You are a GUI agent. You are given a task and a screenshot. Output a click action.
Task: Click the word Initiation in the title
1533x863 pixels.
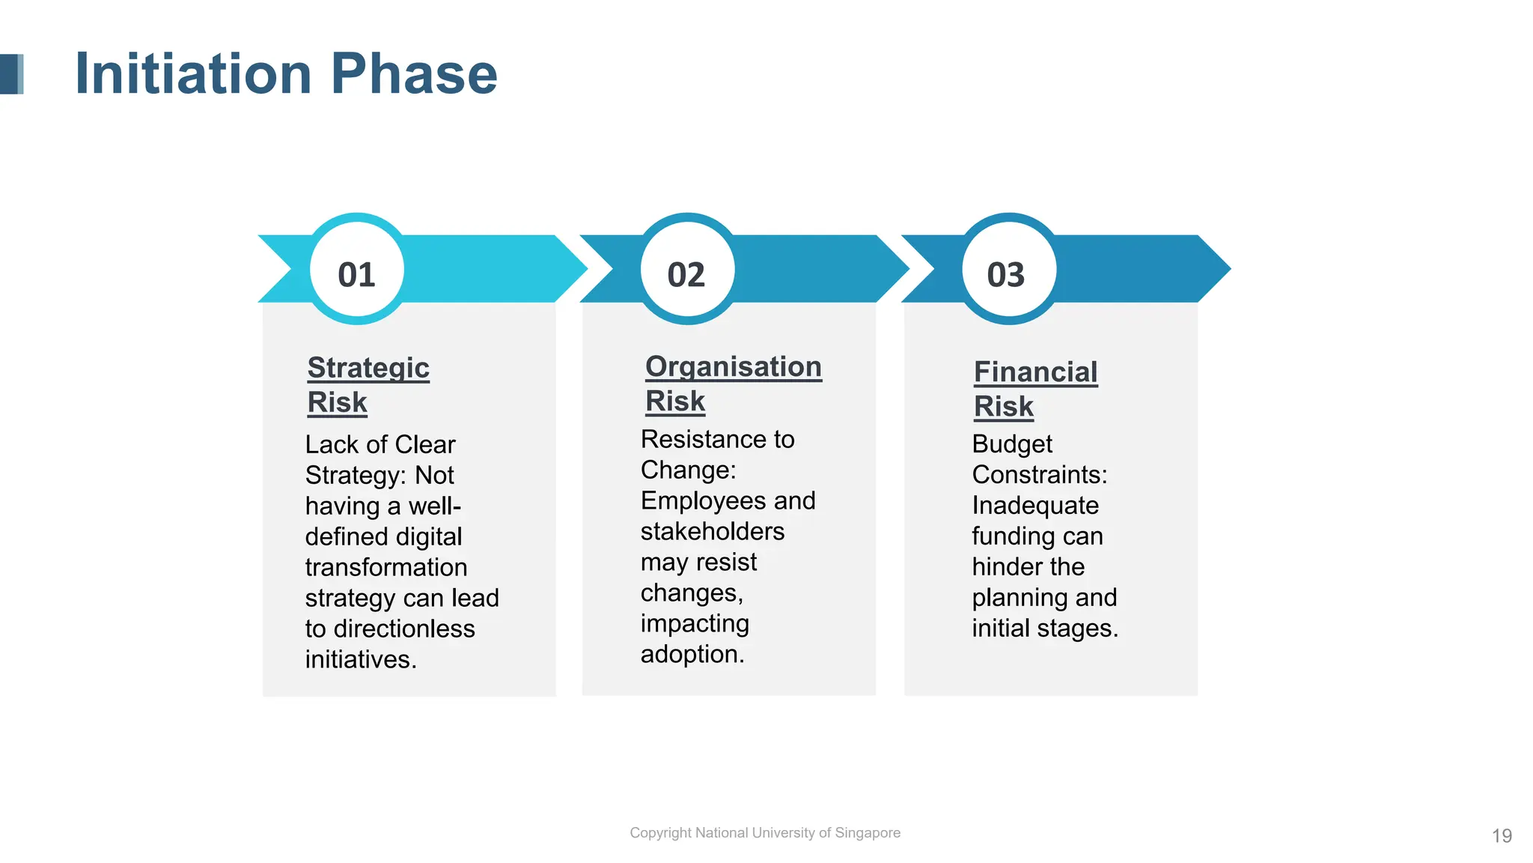[x=193, y=73]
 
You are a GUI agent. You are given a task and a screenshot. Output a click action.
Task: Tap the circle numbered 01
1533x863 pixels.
[x=357, y=270]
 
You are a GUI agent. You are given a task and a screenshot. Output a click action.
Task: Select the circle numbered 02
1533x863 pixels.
[x=686, y=270]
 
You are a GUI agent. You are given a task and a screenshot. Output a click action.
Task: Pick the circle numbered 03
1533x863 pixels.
[x=1008, y=270]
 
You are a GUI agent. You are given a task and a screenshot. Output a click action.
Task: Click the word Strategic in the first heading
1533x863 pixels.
[x=368, y=368]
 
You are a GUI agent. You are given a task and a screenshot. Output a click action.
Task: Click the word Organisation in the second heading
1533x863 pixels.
[x=733, y=366]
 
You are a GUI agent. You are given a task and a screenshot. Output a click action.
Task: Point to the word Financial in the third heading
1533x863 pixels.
[x=1035, y=372]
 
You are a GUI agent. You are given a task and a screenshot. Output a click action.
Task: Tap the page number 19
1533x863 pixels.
[x=1502, y=835]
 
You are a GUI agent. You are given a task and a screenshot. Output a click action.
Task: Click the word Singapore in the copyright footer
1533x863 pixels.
[x=868, y=832]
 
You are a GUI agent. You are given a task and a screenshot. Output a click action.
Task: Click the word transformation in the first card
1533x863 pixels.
[x=385, y=567]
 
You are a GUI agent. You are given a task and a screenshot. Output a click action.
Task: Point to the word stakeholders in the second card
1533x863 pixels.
[x=712, y=531]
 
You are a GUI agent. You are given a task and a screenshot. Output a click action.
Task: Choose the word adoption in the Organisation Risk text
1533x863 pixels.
[x=691, y=654]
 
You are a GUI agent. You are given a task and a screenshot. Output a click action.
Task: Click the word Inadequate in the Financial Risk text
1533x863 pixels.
[x=1034, y=506]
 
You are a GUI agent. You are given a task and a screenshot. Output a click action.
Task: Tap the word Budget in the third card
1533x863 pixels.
[x=1011, y=444]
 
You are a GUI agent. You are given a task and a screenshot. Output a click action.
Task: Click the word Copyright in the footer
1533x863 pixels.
[x=660, y=832]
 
